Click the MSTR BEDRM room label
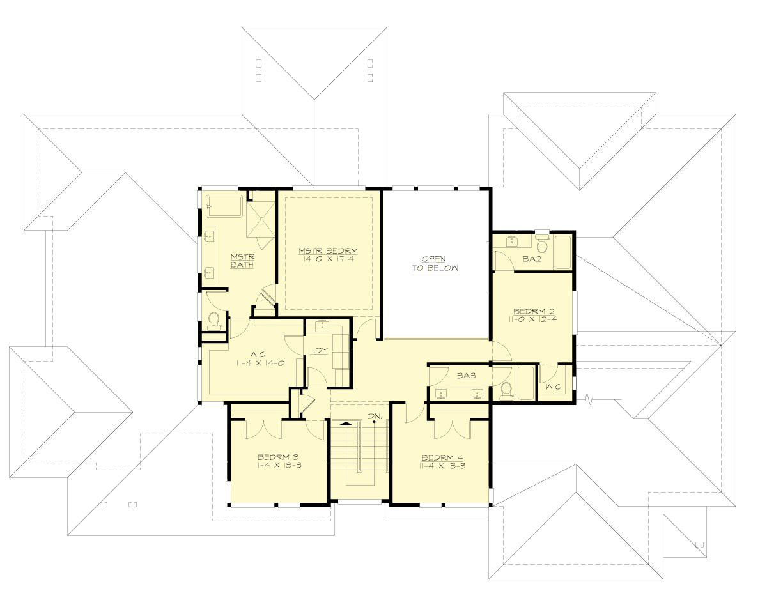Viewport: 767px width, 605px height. (328, 250)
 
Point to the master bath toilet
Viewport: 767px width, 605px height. (215, 319)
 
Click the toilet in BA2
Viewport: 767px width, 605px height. (543, 245)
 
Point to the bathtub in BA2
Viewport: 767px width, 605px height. (562, 252)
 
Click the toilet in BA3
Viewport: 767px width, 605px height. (507, 389)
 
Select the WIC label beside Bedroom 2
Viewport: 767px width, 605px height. (554, 388)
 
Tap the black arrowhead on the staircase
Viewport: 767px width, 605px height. (346, 423)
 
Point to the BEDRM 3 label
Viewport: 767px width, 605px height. (278, 457)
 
